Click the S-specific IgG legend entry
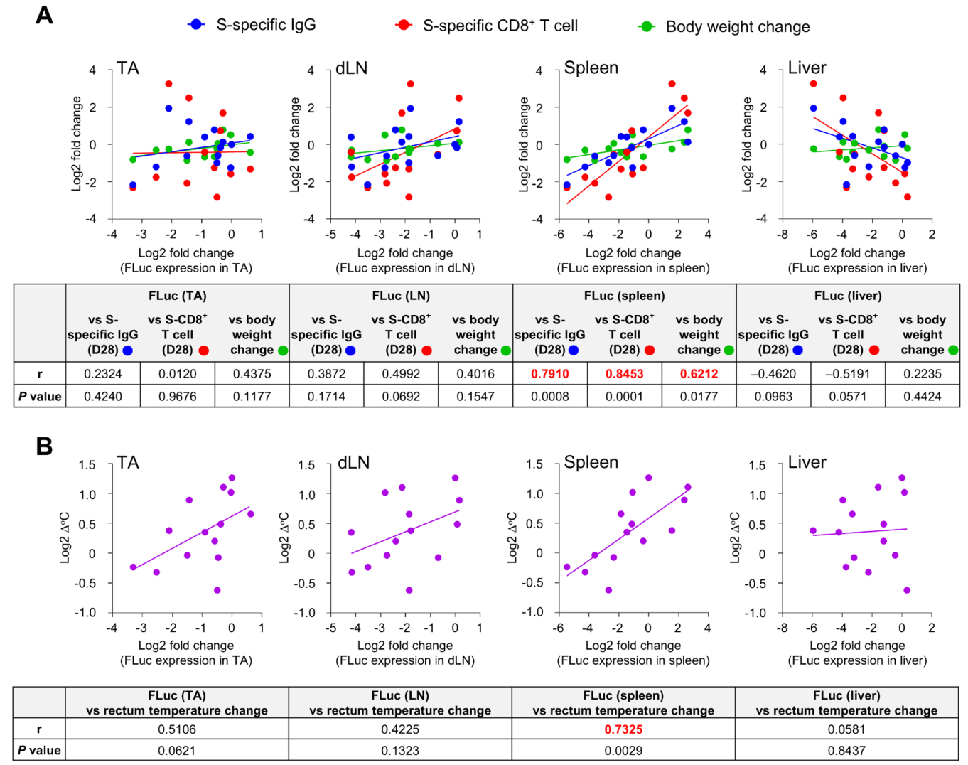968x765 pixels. [x=265, y=25]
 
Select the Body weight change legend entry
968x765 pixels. [x=737, y=27]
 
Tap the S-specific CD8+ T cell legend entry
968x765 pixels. [x=500, y=26]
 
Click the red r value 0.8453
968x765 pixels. [x=624, y=374]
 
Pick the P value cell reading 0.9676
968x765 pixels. [x=177, y=396]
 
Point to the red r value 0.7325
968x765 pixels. [x=623, y=729]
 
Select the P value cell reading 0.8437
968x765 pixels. [x=846, y=750]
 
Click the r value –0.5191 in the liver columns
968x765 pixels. [x=847, y=374]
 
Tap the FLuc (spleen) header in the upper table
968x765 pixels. [x=624, y=296]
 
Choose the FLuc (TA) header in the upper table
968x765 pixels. [x=177, y=296]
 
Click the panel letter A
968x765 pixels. [x=44, y=15]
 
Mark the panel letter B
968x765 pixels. [x=44, y=446]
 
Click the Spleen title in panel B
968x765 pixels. [x=591, y=462]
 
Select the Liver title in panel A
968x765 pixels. [x=807, y=68]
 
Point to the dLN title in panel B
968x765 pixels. [x=353, y=463]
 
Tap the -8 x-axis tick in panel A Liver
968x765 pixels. [x=782, y=234]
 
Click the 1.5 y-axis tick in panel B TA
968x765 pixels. [x=87, y=465]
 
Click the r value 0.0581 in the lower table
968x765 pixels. [x=846, y=729]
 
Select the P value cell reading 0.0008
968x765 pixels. [x=549, y=396]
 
